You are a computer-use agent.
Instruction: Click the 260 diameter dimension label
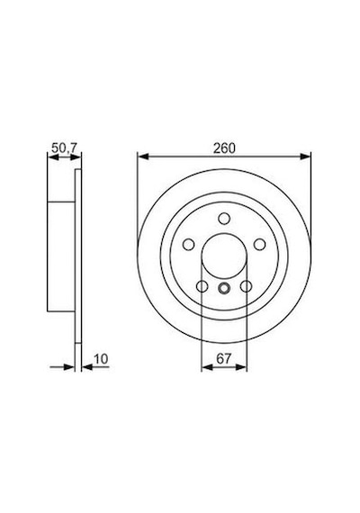[224, 148]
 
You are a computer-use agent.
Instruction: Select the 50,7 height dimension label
[64, 148]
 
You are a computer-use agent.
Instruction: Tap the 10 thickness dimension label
[101, 359]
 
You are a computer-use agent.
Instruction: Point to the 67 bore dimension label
[224, 358]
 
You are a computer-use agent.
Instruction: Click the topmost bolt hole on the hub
[224, 218]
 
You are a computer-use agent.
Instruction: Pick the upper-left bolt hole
[189, 245]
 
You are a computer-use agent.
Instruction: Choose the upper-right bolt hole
[259, 245]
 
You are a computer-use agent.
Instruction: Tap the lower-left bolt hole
[202, 286]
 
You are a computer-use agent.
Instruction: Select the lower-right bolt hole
[246, 286]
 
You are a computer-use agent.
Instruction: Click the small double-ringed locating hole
[224, 288]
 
